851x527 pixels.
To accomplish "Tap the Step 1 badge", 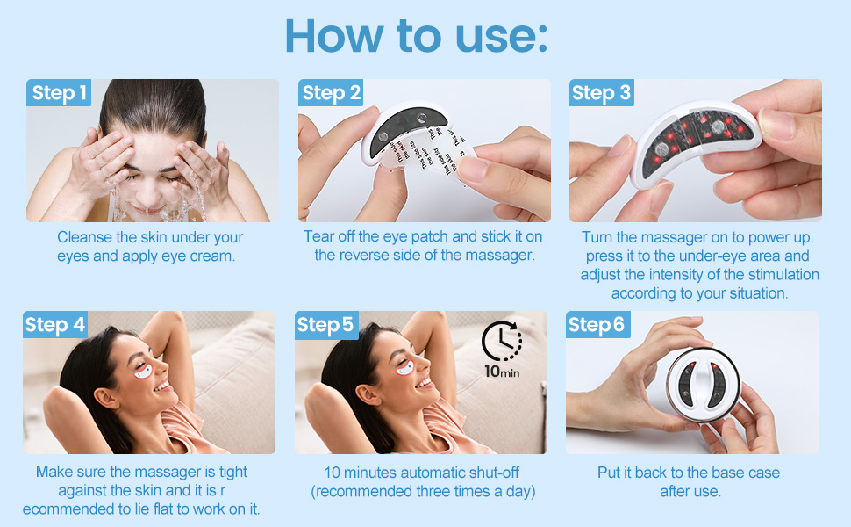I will point(59,93).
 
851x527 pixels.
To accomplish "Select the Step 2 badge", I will point(330,93).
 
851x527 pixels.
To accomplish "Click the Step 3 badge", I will point(601,93).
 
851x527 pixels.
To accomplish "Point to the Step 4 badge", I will point(55,325).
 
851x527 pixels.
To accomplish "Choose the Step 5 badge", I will point(325,325).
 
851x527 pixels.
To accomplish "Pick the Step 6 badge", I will point(597,325).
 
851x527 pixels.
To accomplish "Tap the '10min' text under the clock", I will point(502,371).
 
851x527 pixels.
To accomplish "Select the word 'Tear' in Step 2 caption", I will point(318,236).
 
